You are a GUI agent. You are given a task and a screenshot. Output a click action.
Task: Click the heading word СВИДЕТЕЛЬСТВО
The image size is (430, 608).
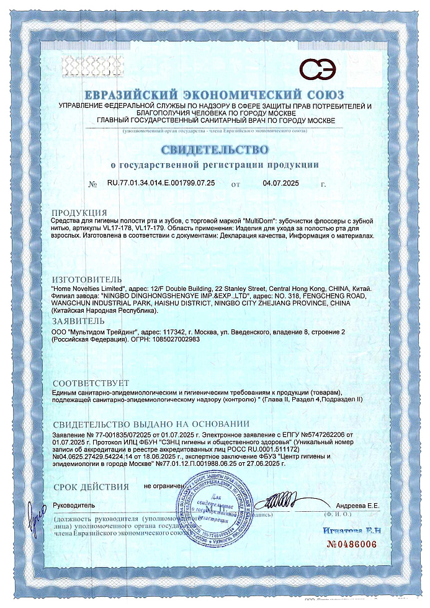(x=215, y=150)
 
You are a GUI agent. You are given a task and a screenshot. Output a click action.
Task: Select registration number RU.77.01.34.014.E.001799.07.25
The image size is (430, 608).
(x=161, y=184)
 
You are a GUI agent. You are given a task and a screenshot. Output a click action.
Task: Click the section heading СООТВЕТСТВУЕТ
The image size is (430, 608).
(x=91, y=383)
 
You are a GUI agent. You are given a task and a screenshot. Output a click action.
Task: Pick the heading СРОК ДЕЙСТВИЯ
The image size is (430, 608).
(x=91, y=487)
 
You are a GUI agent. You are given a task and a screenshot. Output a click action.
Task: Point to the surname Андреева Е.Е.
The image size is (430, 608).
(x=358, y=506)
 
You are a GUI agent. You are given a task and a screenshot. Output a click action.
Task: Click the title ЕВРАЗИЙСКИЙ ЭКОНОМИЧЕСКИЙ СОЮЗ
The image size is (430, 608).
(x=215, y=96)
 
